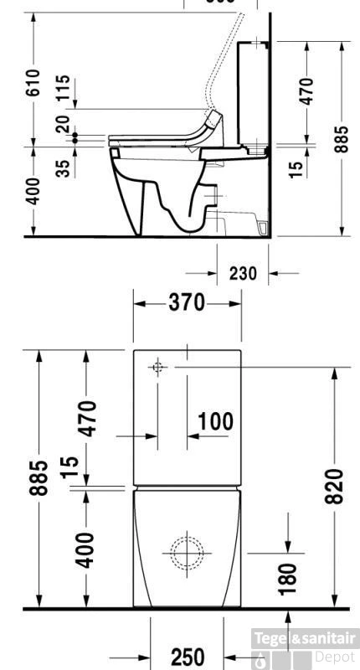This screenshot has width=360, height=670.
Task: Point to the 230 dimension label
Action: point(243,273)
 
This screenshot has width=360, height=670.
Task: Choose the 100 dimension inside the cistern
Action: point(216,421)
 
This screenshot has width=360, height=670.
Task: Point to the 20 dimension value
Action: point(64,124)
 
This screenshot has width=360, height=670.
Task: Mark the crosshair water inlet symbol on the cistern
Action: point(157,367)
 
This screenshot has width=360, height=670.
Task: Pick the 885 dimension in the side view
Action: point(342,139)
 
